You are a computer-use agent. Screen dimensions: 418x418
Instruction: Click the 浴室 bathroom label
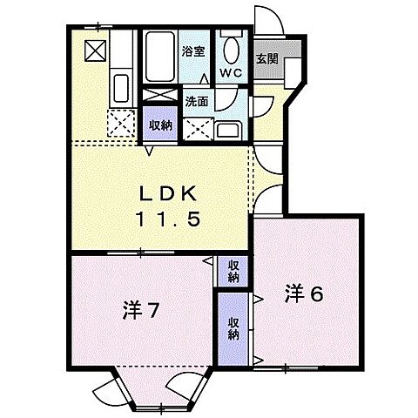[x=193, y=51]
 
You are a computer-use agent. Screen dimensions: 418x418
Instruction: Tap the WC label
[x=231, y=72]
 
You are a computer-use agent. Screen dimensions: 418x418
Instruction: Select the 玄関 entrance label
[x=267, y=59]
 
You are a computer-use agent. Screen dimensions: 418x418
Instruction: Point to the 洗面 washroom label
[x=197, y=101]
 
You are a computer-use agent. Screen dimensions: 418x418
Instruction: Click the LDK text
[x=168, y=194]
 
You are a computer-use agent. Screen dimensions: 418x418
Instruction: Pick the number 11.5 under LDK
[x=168, y=219]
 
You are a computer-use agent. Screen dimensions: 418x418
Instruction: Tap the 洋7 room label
[x=140, y=311]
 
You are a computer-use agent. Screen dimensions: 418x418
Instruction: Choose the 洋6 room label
[x=304, y=294]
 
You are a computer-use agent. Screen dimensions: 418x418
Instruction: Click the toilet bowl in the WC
[x=232, y=50]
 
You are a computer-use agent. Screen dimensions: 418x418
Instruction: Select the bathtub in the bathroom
[x=160, y=57]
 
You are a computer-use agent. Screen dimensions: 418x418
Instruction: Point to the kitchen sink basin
[x=121, y=88]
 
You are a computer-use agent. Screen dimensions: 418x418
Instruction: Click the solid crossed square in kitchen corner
[x=95, y=51]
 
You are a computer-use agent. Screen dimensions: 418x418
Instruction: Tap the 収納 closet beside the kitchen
[x=160, y=125]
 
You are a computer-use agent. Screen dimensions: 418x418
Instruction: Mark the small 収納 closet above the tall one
[x=233, y=271]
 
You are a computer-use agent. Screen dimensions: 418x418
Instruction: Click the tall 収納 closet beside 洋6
[x=233, y=329]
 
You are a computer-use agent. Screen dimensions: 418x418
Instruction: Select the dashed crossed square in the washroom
[x=199, y=130]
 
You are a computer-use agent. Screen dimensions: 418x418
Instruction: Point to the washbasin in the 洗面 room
[x=228, y=131]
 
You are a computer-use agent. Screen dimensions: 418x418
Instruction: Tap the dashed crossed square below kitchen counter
[x=122, y=123]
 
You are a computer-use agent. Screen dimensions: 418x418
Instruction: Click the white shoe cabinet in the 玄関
[x=293, y=73]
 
